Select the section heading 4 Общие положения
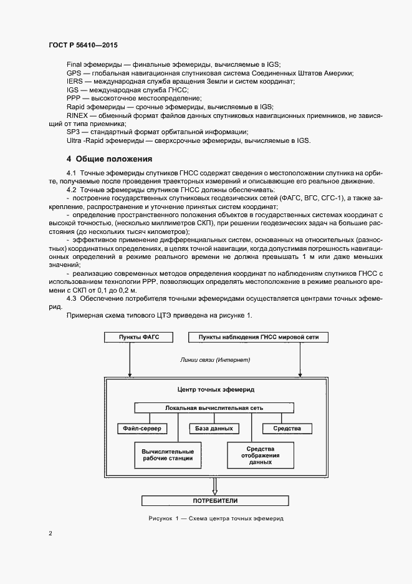pyautogui.click(x=109, y=158)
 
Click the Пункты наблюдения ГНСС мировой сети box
pyautogui.click(x=257, y=338)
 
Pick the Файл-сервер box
pyautogui.click(x=140, y=429)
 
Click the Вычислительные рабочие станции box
pyautogui.click(x=167, y=455)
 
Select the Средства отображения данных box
pyautogui.click(x=260, y=455)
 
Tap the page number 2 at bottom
pyautogui.click(x=50, y=533)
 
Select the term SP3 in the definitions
pyautogui.click(x=73, y=132)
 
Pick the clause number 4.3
pyautogui.click(x=71, y=298)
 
